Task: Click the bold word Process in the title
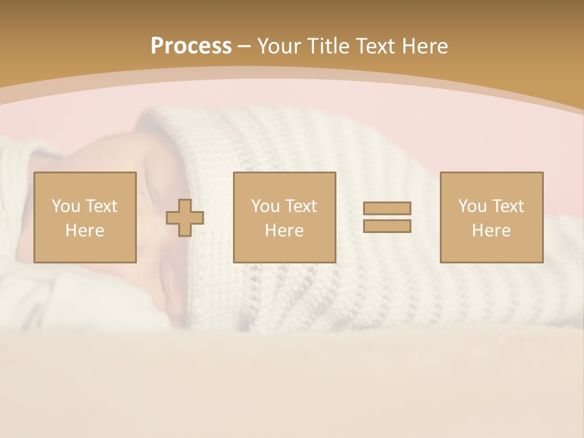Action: pyautogui.click(x=191, y=46)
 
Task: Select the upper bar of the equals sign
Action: pyautogui.click(x=387, y=209)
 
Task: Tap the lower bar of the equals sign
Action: pyautogui.click(x=387, y=226)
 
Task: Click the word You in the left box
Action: pyautogui.click(x=65, y=206)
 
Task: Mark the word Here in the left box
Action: pyautogui.click(x=85, y=231)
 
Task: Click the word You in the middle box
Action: pyautogui.click(x=265, y=206)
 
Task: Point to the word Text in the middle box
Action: pyautogui.click(x=300, y=206)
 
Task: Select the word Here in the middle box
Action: pyautogui.click(x=284, y=231)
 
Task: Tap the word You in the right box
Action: pyautogui.click(x=472, y=206)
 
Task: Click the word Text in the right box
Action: pyautogui.click(x=507, y=206)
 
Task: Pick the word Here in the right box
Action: pyautogui.click(x=491, y=231)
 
